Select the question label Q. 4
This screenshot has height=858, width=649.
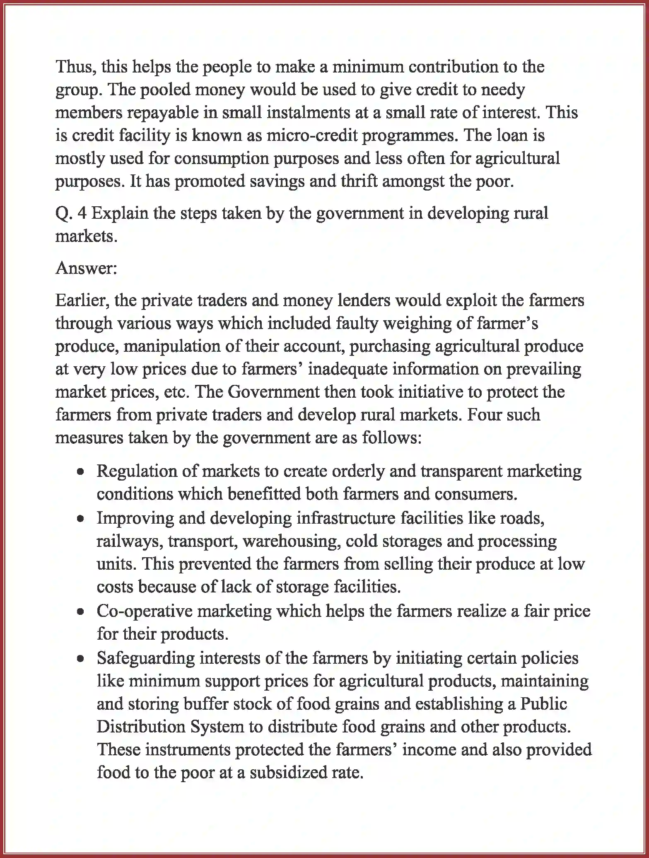point(71,213)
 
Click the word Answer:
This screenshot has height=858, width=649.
point(86,268)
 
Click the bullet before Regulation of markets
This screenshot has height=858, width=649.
point(81,472)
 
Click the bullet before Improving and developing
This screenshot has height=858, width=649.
point(81,519)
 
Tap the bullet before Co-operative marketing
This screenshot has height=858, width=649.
point(81,611)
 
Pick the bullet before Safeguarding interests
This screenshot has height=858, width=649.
point(81,658)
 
